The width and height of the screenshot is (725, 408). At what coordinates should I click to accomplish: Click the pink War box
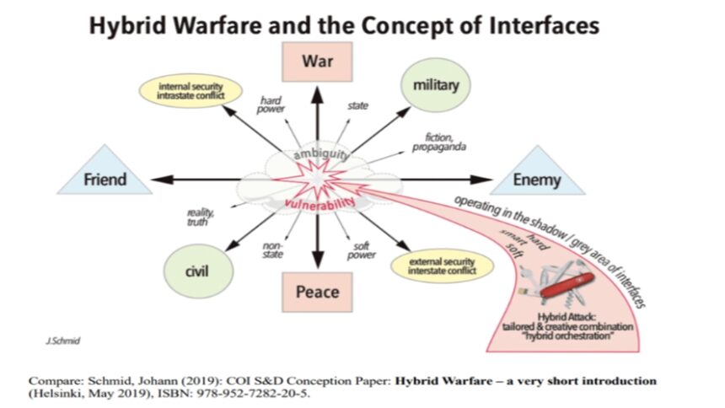(317, 62)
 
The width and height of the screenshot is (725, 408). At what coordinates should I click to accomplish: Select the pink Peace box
(317, 292)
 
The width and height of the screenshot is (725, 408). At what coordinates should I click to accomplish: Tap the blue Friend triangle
(105, 173)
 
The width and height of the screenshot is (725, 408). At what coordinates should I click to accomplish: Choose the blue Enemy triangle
(537, 174)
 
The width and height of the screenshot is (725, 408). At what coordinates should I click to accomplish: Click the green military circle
(436, 85)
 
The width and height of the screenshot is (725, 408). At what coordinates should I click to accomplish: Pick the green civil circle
(198, 271)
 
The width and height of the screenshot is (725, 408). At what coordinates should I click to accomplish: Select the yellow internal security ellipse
(191, 91)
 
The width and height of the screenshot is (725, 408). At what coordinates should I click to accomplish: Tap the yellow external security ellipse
(442, 266)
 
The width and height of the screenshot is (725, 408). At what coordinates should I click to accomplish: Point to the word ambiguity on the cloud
(320, 153)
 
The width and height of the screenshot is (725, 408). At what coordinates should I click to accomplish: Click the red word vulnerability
(320, 205)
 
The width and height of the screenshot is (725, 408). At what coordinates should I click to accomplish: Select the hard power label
(271, 105)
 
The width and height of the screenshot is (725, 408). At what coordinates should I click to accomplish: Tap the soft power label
(362, 250)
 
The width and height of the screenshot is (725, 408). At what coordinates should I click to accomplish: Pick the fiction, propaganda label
(438, 142)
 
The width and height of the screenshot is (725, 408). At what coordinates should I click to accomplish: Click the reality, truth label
(200, 217)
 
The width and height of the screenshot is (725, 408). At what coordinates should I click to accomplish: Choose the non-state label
(273, 250)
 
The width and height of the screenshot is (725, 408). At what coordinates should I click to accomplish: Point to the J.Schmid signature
(63, 341)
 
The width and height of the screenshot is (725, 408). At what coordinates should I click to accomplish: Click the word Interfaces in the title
(545, 25)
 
